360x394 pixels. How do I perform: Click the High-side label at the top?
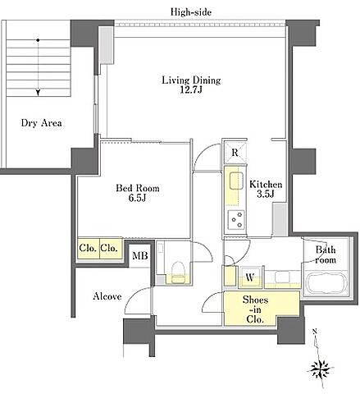tap(191, 12)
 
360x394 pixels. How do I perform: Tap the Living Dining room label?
tap(191, 80)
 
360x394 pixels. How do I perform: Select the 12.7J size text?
tap(191, 89)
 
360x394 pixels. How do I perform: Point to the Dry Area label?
tap(41, 123)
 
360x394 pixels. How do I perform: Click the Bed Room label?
tap(138, 188)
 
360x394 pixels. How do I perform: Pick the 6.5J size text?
tap(137, 198)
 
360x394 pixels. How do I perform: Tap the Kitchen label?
tap(266, 184)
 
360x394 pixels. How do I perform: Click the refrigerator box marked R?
tap(235, 153)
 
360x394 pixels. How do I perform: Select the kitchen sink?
tap(236, 181)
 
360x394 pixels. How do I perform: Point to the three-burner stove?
tap(236, 219)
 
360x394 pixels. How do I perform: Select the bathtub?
tap(326, 283)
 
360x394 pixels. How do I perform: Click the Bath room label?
tap(326, 254)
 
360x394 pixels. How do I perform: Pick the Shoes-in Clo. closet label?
tap(255, 309)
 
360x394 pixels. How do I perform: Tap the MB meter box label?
tap(140, 255)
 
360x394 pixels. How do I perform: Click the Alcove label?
tap(107, 296)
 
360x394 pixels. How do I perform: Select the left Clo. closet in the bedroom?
tap(88, 249)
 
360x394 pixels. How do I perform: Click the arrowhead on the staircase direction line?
tap(38, 93)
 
